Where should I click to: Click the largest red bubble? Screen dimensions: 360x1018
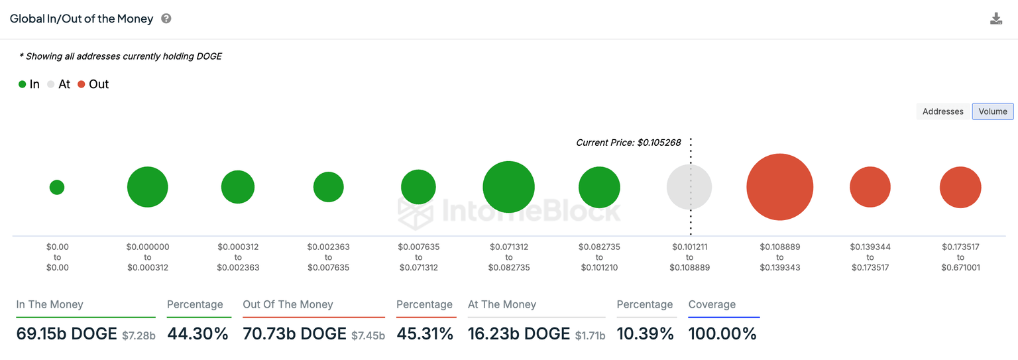point(779,187)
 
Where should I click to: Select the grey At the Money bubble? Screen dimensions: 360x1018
point(689,187)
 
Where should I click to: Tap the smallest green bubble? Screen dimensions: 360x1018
point(57,187)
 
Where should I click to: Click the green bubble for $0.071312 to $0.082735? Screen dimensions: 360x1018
point(508,187)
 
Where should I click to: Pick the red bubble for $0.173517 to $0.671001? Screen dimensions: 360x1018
point(960,187)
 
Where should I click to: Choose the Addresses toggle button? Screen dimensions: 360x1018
point(942,111)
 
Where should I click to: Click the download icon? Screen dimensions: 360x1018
point(995,19)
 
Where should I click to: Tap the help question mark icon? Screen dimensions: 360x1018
point(166,19)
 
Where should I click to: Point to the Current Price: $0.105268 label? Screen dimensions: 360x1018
point(628,143)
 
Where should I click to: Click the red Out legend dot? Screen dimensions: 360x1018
point(82,84)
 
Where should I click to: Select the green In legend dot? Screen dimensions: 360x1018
point(23,84)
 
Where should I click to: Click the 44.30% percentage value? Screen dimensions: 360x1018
point(198,333)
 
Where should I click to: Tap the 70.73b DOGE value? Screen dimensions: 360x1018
point(294,333)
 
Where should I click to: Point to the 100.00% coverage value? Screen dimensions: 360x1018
point(722,333)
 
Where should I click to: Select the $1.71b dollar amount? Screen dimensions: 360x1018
point(590,335)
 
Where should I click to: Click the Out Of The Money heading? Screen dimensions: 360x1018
point(288,304)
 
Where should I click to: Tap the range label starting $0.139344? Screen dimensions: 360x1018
point(870,257)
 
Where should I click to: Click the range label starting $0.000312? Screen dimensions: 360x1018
point(238,257)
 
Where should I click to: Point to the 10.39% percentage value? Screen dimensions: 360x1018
point(645,333)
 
